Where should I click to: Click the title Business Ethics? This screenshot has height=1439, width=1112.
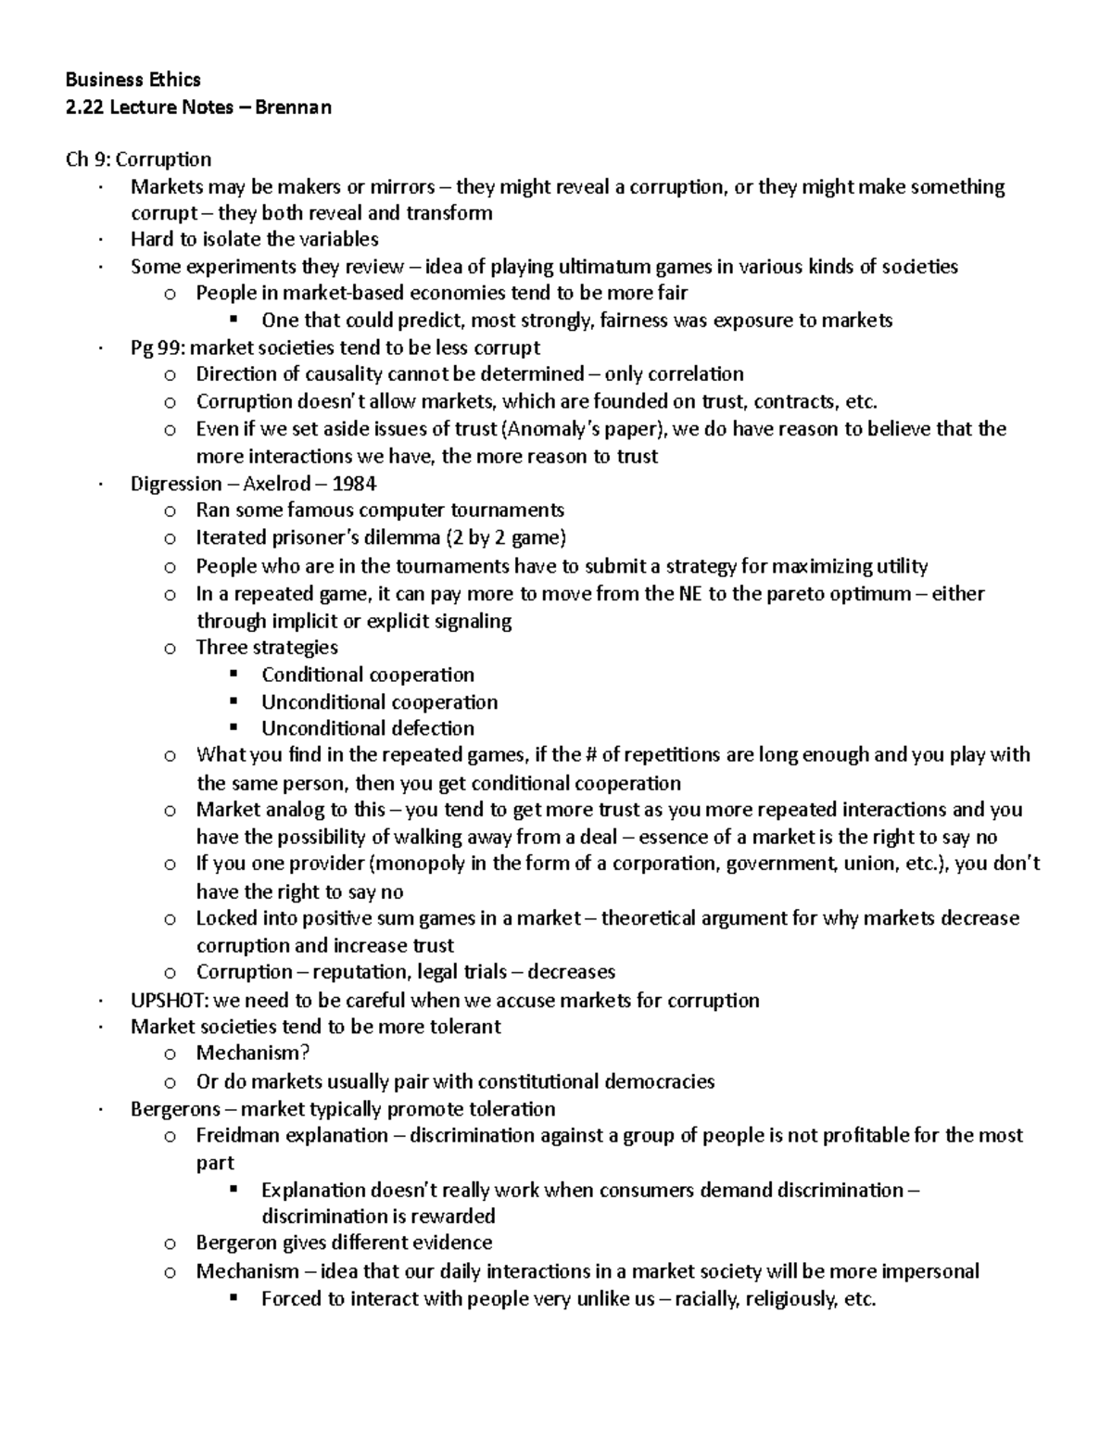click(133, 80)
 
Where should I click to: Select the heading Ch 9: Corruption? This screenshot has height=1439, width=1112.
click(138, 159)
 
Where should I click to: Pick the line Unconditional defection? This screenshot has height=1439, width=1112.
click(367, 728)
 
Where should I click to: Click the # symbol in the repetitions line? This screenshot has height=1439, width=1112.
click(589, 754)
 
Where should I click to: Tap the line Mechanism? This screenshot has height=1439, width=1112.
click(252, 1054)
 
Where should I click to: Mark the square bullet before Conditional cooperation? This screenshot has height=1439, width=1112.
click(233, 674)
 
